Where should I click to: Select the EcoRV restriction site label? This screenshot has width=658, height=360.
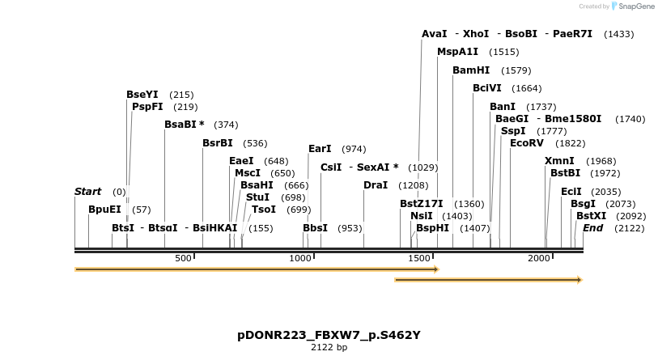(527, 143)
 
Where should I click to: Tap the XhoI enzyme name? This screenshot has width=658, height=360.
(476, 34)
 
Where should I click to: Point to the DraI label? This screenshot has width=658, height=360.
(376, 185)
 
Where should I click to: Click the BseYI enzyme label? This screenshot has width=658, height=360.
(142, 95)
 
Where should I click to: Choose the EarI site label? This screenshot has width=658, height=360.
(320, 149)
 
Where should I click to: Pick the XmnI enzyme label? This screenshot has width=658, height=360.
(559, 161)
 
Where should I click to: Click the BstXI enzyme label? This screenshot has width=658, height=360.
(591, 216)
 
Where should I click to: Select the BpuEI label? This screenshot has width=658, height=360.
(104, 209)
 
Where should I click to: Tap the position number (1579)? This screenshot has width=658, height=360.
(516, 71)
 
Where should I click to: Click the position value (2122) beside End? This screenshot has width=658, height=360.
(630, 228)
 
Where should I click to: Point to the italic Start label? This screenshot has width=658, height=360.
(87, 192)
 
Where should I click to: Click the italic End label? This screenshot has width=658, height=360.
(592, 228)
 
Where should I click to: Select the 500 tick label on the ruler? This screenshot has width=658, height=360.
(184, 258)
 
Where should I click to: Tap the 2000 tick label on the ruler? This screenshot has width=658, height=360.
(539, 258)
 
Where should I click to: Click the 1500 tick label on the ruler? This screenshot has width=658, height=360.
(419, 258)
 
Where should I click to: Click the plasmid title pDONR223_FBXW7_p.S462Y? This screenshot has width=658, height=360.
(329, 335)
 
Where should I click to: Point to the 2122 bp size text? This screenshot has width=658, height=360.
(329, 348)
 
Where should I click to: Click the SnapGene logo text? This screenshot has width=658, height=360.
(635, 6)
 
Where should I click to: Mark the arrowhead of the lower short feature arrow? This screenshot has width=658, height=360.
(579, 280)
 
